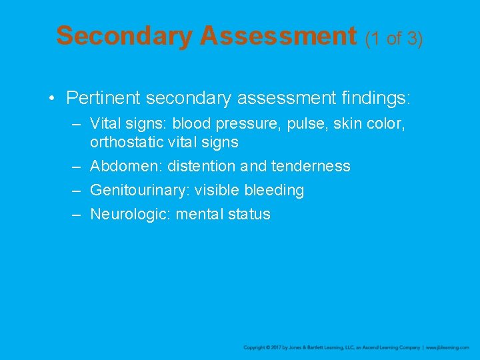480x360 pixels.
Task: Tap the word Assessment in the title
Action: pos(279,36)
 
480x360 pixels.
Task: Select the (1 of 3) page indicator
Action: pos(394,38)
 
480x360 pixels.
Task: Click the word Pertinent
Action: pos(103,99)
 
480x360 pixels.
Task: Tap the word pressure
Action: pos(249,124)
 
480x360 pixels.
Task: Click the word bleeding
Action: pos(274,190)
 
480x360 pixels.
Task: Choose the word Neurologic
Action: pos(130,214)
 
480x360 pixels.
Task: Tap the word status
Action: pos(250,214)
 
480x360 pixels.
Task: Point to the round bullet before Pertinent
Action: pos(52,99)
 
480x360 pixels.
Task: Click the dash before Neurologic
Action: pos(77,214)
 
